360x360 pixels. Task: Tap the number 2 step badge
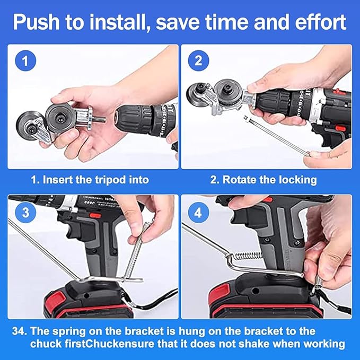click(198, 60)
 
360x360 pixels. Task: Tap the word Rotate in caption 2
click(240, 179)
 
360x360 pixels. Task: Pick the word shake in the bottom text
click(262, 344)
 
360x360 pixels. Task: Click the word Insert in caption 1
click(58, 179)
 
